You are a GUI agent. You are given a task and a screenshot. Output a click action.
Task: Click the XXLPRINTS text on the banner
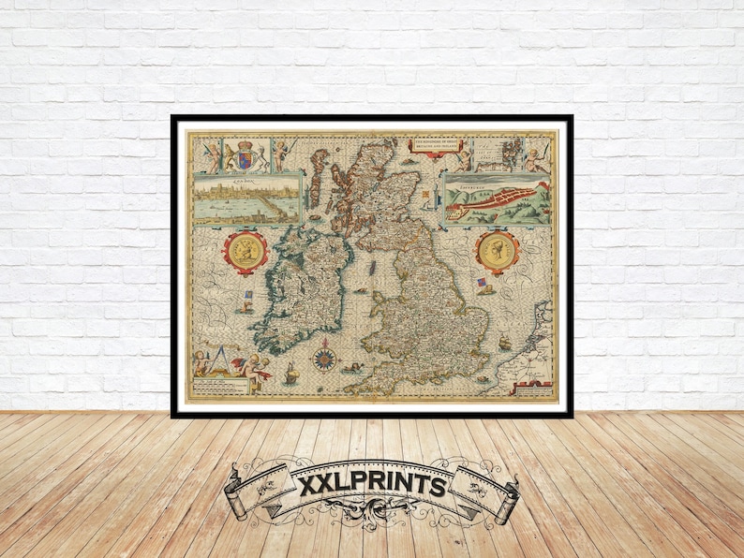tap(371, 486)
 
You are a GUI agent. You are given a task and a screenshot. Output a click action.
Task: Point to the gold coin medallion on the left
tap(246, 252)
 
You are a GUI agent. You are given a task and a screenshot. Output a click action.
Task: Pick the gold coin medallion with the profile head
tap(497, 251)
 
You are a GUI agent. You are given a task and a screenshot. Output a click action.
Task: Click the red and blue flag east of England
tap(483, 284)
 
